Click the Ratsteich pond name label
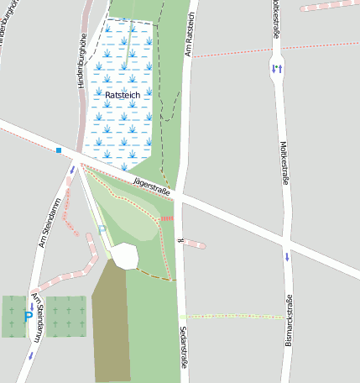click(123, 96)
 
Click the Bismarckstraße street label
click(288, 322)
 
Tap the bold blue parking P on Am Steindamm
click(28, 317)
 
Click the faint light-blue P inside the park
click(102, 228)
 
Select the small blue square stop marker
click(59, 150)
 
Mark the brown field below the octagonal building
click(110, 323)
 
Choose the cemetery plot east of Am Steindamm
click(65, 316)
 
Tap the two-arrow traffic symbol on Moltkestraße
click(277, 68)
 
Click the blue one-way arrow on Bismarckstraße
click(287, 257)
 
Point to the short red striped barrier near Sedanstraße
click(167, 218)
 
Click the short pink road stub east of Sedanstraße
click(194, 244)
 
